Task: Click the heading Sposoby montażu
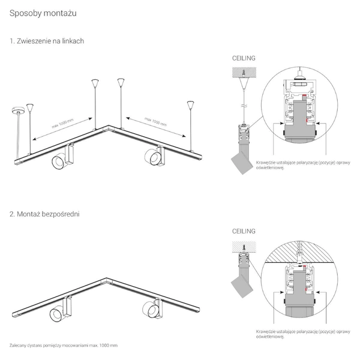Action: (43, 12)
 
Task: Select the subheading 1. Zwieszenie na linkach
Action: (46, 41)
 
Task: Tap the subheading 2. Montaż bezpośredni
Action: (44, 213)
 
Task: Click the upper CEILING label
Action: (244, 59)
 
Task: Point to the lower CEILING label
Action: (244, 231)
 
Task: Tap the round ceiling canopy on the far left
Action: (15, 109)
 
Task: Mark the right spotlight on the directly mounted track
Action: (152, 308)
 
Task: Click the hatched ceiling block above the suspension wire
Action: (244, 71)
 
